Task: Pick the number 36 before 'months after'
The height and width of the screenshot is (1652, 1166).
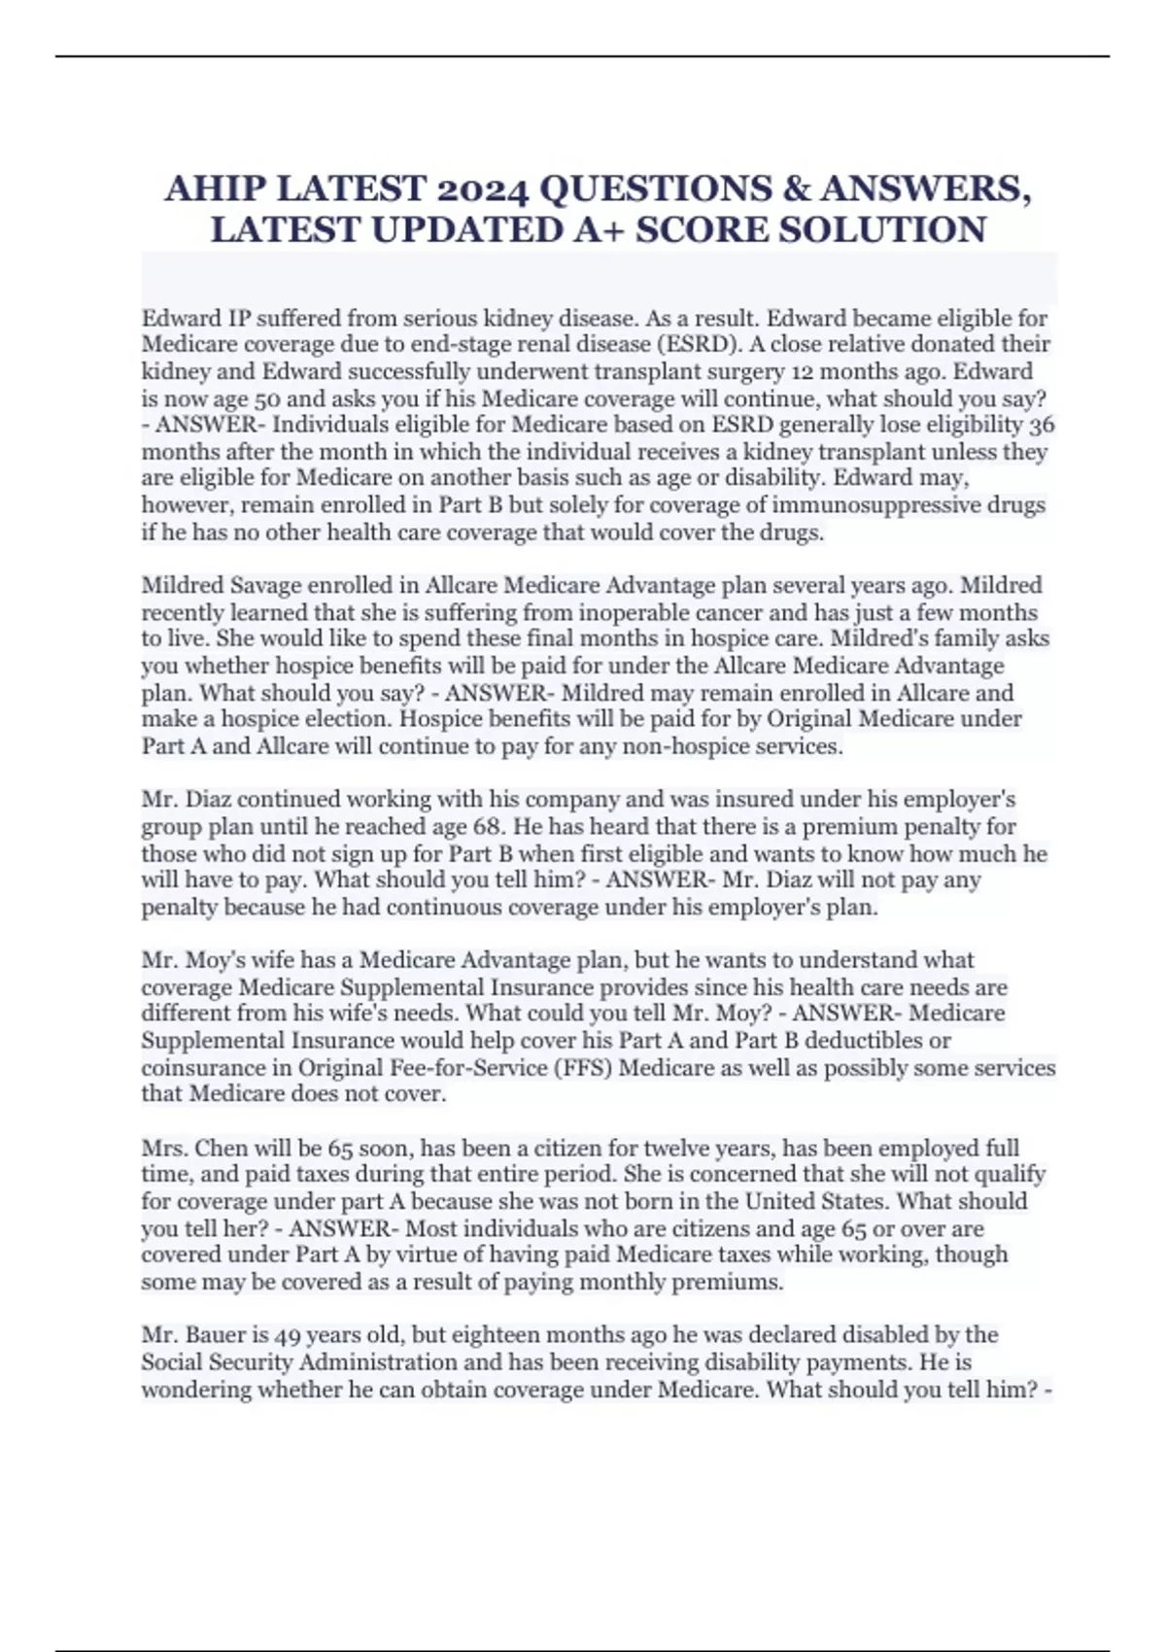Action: [1041, 425]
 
